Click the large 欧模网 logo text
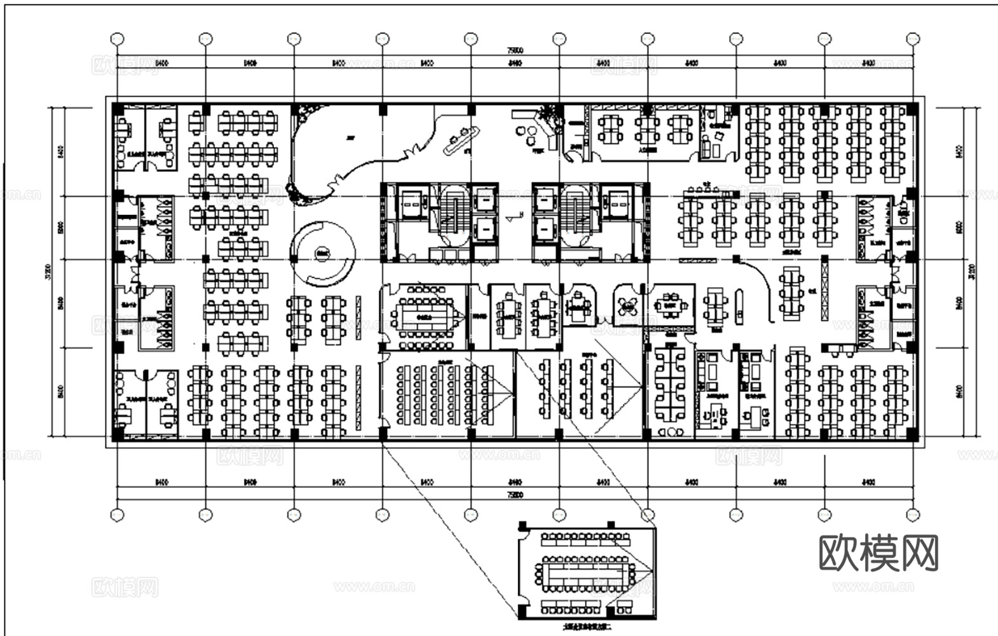(x=878, y=553)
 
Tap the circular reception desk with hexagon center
(x=322, y=253)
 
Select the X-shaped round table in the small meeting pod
(x=629, y=307)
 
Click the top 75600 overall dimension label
(x=515, y=50)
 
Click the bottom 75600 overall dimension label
(x=515, y=494)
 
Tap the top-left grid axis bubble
(x=117, y=39)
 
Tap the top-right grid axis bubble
(x=913, y=39)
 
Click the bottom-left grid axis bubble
(x=117, y=515)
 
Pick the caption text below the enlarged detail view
(x=586, y=627)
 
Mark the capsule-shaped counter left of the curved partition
(x=739, y=307)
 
